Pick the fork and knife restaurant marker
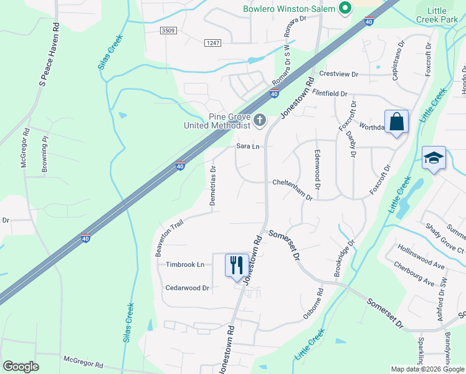[x=237, y=265]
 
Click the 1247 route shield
[x=213, y=42]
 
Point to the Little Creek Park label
[x=446, y=16]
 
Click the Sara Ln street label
[x=247, y=146]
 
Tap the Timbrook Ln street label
[x=185, y=264]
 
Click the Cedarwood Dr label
[x=188, y=288]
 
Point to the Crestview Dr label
[x=339, y=74]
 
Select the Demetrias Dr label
[x=213, y=187]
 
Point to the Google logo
[x=21, y=366]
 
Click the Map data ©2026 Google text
[x=427, y=369]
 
